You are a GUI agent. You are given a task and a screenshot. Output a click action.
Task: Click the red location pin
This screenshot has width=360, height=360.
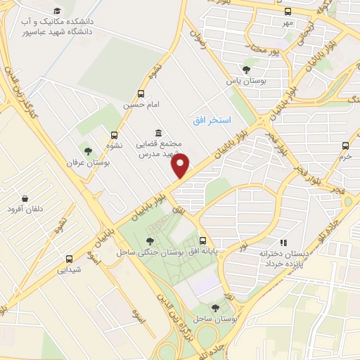click(181, 166)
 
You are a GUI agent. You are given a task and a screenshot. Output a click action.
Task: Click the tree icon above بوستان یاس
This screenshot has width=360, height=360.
click(245, 69)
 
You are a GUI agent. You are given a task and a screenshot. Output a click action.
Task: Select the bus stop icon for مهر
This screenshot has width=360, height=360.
click(288, 11)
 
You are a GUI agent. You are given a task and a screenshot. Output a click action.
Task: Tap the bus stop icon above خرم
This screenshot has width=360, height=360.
click(345, 146)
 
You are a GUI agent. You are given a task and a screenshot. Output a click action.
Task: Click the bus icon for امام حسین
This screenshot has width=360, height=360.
click(141, 94)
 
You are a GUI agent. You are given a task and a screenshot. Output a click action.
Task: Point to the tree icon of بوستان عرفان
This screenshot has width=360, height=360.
click(87, 151)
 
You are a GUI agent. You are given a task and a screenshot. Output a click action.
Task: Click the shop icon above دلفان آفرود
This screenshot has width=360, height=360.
click(25, 199)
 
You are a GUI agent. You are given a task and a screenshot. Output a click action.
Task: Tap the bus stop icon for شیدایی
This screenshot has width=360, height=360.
click(69, 259)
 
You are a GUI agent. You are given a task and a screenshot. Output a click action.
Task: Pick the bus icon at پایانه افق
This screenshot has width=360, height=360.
click(202, 240)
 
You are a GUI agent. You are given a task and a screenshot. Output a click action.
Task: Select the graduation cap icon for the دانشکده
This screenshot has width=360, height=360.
click(56, 11)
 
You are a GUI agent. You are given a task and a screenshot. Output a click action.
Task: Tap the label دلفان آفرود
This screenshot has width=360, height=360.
click(25, 210)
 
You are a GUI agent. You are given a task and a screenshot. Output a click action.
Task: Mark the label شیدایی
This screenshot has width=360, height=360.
click(69, 269)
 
